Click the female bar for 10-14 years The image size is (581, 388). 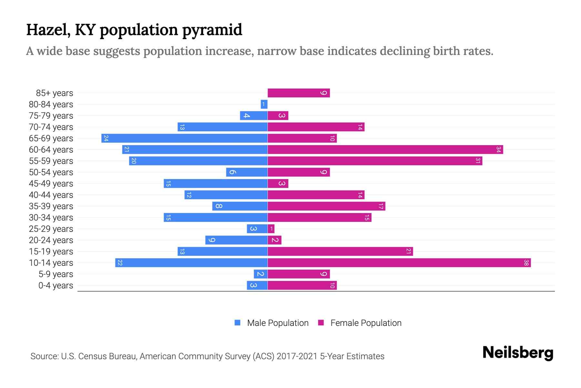[399, 263]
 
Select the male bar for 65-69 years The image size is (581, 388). [184, 138]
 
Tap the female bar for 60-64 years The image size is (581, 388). [385, 150]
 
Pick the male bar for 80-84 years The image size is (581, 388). [264, 104]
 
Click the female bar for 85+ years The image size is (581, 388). [299, 93]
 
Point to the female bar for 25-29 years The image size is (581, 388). [271, 229]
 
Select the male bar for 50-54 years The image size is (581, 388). [247, 172]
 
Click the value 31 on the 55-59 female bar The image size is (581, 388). [478, 161]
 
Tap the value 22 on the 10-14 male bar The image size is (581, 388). [120, 263]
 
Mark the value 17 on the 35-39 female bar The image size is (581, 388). [381, 206]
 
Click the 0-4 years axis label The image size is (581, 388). [56, 286]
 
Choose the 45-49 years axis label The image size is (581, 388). [51, 184]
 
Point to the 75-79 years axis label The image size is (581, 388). [51, 116]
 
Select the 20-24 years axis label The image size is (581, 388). [51, 240]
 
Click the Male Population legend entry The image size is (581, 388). [277, 323]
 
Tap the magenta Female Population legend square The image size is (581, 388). [321, 323]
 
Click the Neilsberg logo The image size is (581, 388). [518, 352]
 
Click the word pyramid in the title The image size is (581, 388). [212, 30]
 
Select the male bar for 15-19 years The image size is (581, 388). [222, 252]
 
